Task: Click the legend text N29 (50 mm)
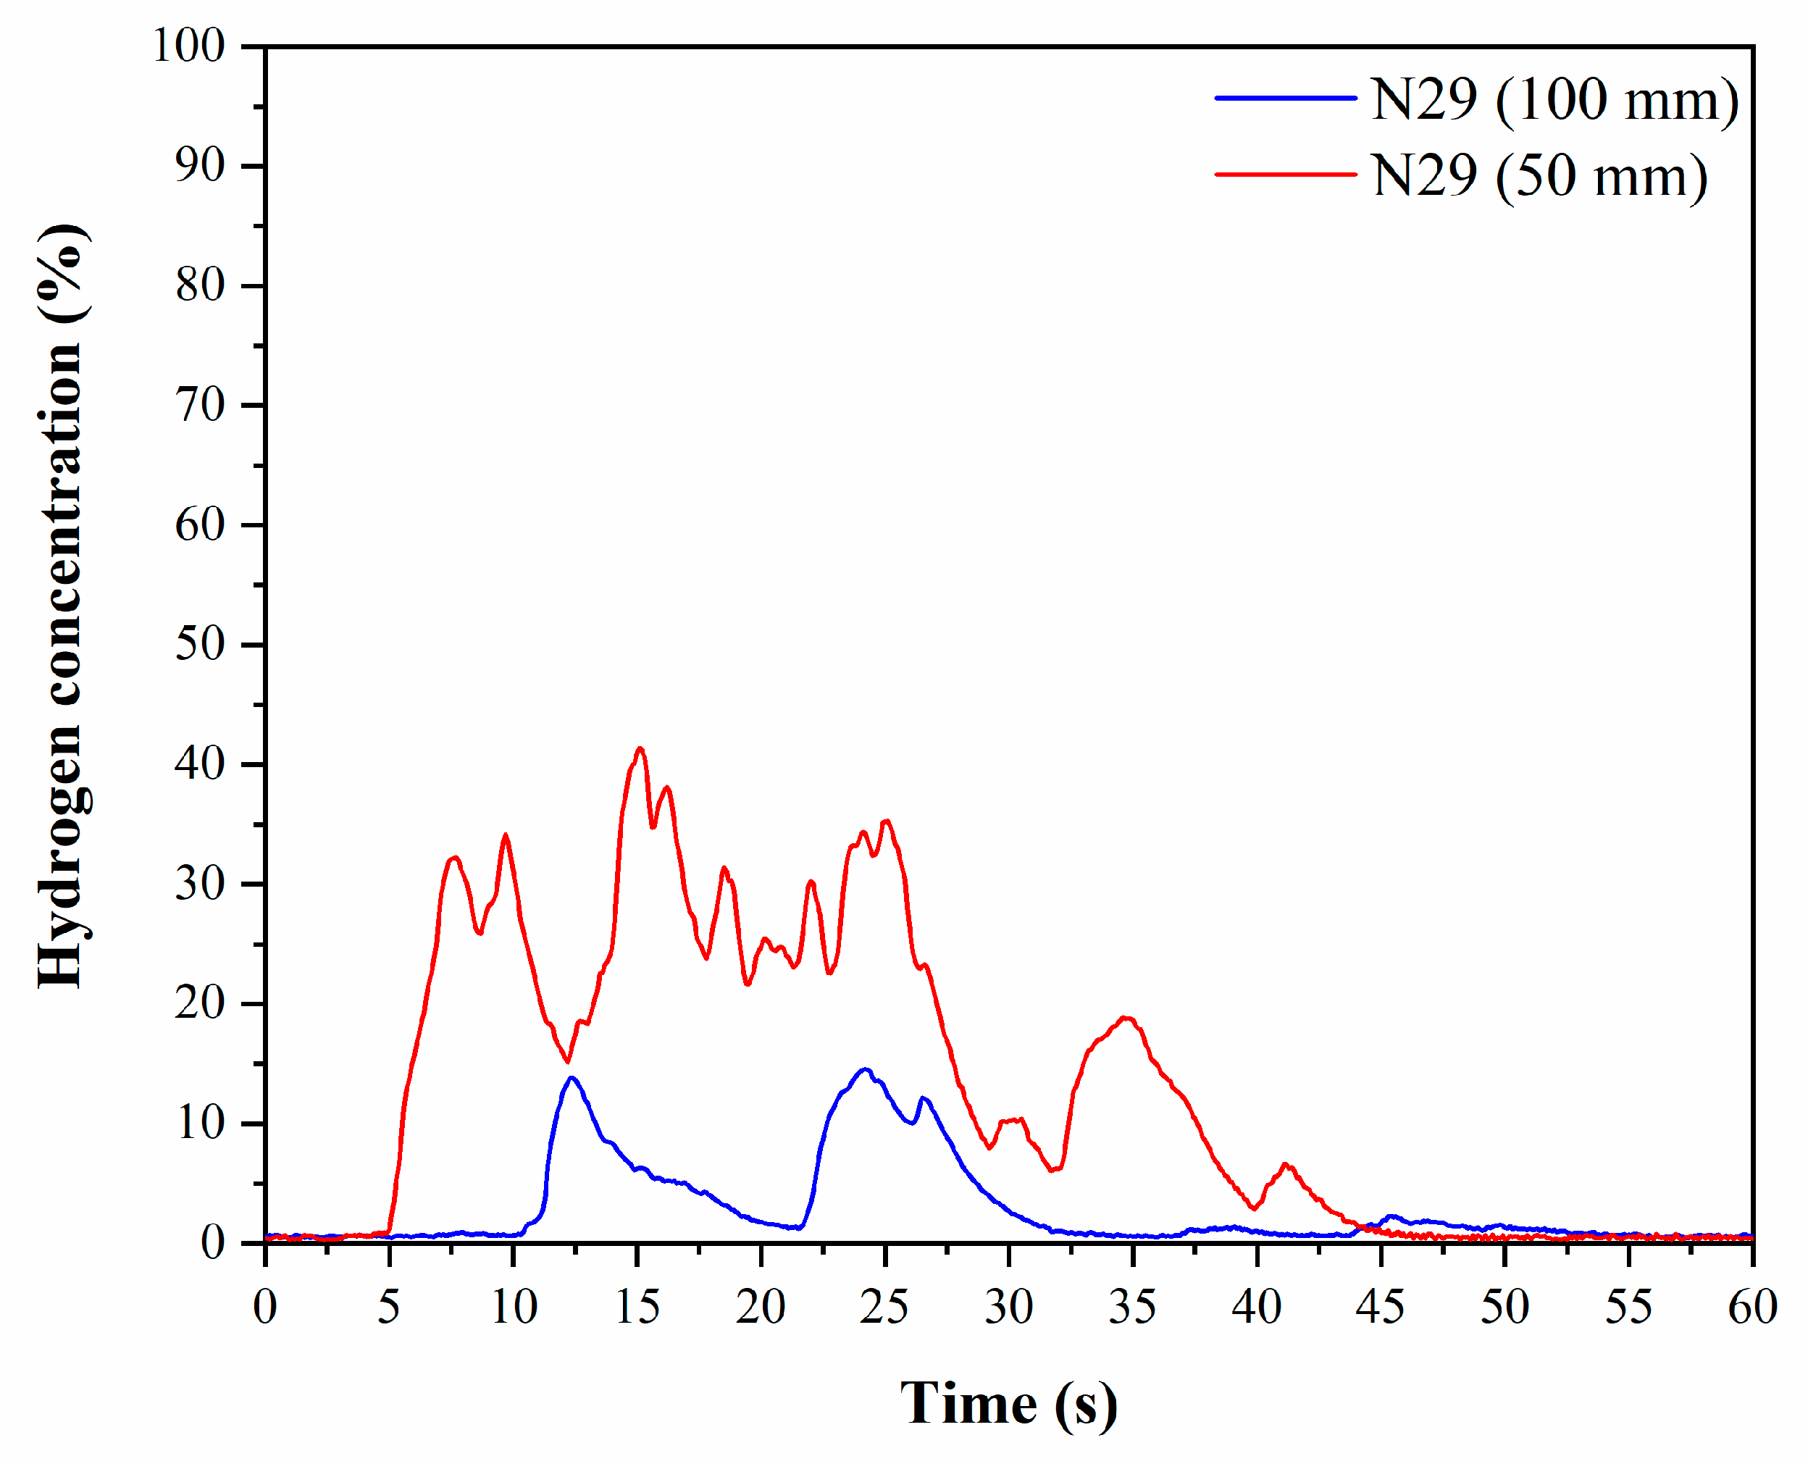click(1539, 176)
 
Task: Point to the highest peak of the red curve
click(640, 748)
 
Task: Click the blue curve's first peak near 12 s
click(572, 1078)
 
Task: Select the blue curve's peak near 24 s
click(864, 1069)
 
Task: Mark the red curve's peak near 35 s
click(1126, 1018)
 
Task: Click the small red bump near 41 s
click(1285, 1165)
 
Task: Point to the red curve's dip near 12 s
click(567, 1061)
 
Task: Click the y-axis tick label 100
click(189, 46)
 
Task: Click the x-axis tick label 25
click(884, 1307)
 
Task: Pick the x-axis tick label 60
click(1752, 1307)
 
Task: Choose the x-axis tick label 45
click(1380, 1307)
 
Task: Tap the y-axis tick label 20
click(200, 1003)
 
